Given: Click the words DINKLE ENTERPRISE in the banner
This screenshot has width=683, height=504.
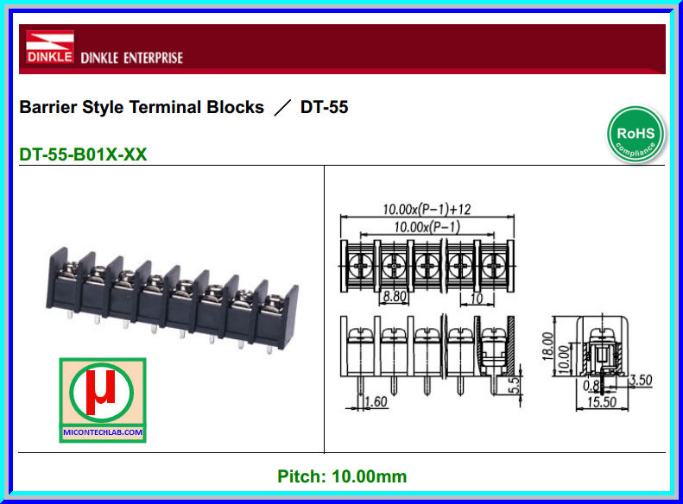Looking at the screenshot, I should pyautogui.click(x=131, y=59).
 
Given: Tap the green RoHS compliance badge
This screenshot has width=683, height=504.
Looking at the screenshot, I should pyautogui.click(x=636, y=135).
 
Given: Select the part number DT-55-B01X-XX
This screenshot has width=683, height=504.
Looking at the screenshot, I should pyautogui.click(x=83, y=155).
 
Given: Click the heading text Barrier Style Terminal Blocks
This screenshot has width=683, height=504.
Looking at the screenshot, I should pyautogui.click(x=142, y=108).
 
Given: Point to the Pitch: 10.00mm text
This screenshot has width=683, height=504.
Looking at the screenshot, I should pyautogui.click(x=342, y=476).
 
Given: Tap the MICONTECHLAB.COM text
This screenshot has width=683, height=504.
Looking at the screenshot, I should pyautogui.click(x=103, y=432).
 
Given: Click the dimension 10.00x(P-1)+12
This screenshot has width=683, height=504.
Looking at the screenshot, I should pyautogui.click(x=426, y=209).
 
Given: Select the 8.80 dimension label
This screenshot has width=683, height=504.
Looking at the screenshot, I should pyautogui.click(x=395, y=296).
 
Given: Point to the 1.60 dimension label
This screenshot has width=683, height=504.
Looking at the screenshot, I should pyautogui.click(x=376, y=401).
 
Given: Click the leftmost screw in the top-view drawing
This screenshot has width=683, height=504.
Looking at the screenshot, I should pyautogui.click(x=360, y=261).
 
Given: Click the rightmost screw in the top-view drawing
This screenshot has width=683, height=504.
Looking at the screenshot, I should pyautogui.click(x=491, y=261).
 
